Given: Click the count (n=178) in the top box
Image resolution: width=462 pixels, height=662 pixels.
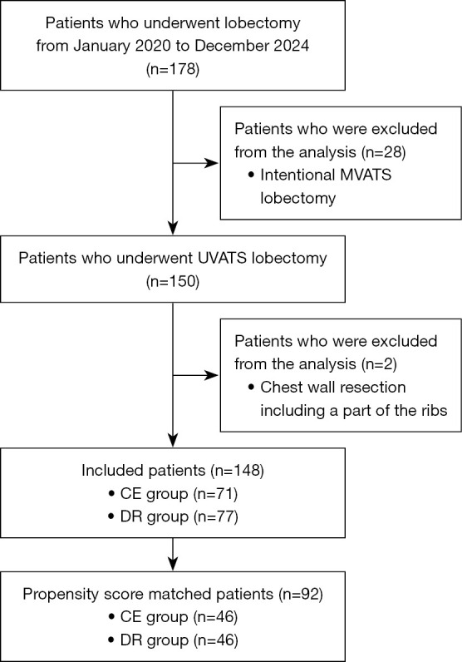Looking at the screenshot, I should (172, 62).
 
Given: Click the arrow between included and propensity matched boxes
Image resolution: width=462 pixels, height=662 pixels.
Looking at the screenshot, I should (172, 551).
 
